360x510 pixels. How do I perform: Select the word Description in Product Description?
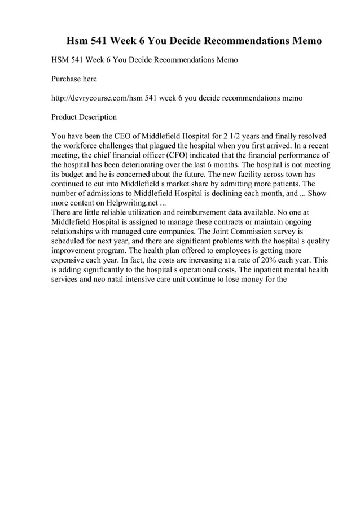point(99,117)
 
